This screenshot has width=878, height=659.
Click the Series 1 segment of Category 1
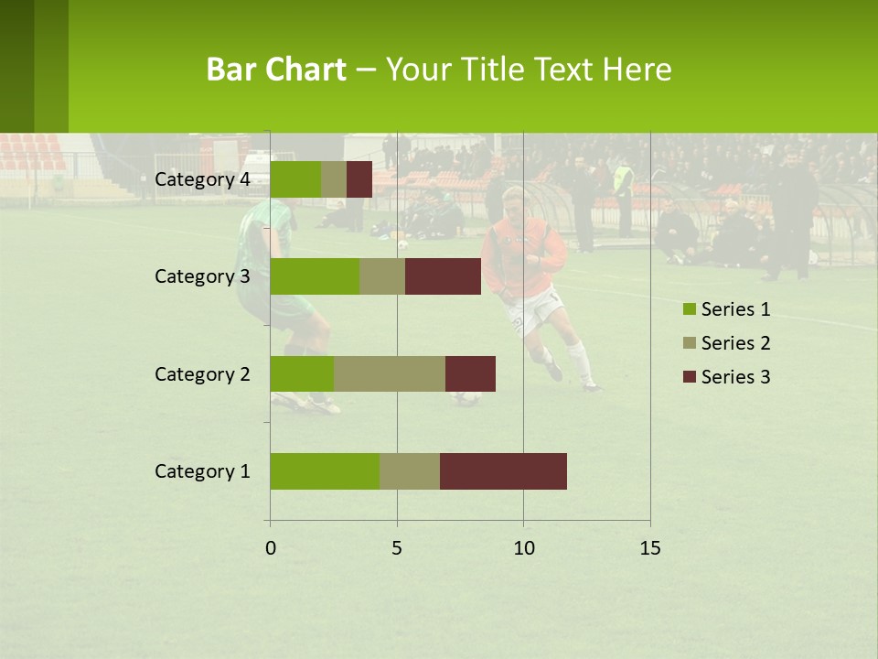point(325,471)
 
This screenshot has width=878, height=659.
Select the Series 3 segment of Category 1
point(503,471)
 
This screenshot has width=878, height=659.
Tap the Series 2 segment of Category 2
point(390,373)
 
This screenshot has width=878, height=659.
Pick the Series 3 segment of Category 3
point(443,276)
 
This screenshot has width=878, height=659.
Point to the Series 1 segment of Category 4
point(295,179)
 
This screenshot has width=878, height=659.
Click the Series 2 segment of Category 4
point(334,179)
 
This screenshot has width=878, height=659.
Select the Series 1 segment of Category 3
point(315,276)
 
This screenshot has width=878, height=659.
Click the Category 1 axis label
point(202,471)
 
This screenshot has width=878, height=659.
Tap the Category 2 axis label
point(202,373)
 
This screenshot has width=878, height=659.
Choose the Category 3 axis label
point(202,276)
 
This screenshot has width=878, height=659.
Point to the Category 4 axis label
point(202,179)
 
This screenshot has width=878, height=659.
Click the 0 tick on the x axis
point(270,548)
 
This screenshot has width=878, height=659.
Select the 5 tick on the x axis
point(397,548)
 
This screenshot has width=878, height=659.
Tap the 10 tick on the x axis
point(523,548)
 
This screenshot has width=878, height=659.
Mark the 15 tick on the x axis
point(650,548)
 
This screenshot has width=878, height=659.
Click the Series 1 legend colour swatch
point(689,309)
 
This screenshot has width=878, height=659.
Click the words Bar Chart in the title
point(276,70)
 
